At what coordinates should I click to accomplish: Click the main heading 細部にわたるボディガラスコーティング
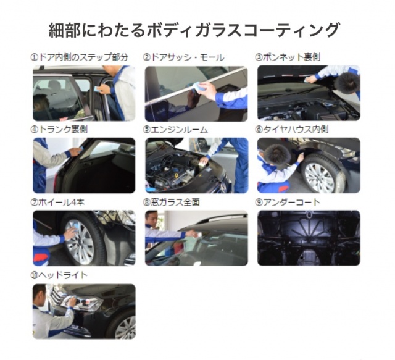pyautogui.click(x=194, y=30)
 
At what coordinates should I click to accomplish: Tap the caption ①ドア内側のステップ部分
pyautogui.click(x=80, y=57)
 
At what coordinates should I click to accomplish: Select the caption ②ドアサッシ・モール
pyautogui.click(x=183, y=57)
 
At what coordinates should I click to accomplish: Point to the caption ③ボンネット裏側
pyautogui.click(x=288, y=57)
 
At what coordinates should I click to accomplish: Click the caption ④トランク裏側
pyautogui.click(x=59, y=130)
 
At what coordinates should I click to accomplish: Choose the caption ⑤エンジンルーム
pyautogui.click(x=175, y=130)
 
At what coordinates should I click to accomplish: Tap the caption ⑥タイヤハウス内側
pyautogui.click(x=292, y=130)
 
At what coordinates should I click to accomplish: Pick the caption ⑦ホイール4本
pyautogui.click(x=57, y=203)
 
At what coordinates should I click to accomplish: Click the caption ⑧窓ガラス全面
pyautogui.click(x=172, y=203)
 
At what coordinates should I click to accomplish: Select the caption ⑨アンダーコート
pyautogui.click(x=288, y=203)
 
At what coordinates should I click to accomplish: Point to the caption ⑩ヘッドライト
pyautogui.click(x=59, y=275)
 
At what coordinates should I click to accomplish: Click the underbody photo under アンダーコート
pyautogui.click(x=309, y=238)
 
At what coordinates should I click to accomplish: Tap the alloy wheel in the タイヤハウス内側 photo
pyautogui.click(x=319, y=177)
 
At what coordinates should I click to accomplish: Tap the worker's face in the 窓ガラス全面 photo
pyautogui.click(x=152, y=219)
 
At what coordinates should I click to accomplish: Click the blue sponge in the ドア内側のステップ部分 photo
pyautogui.click(x=97, y=88)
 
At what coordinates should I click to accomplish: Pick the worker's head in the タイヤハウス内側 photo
pyautogui.click(x=278, y=154)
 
